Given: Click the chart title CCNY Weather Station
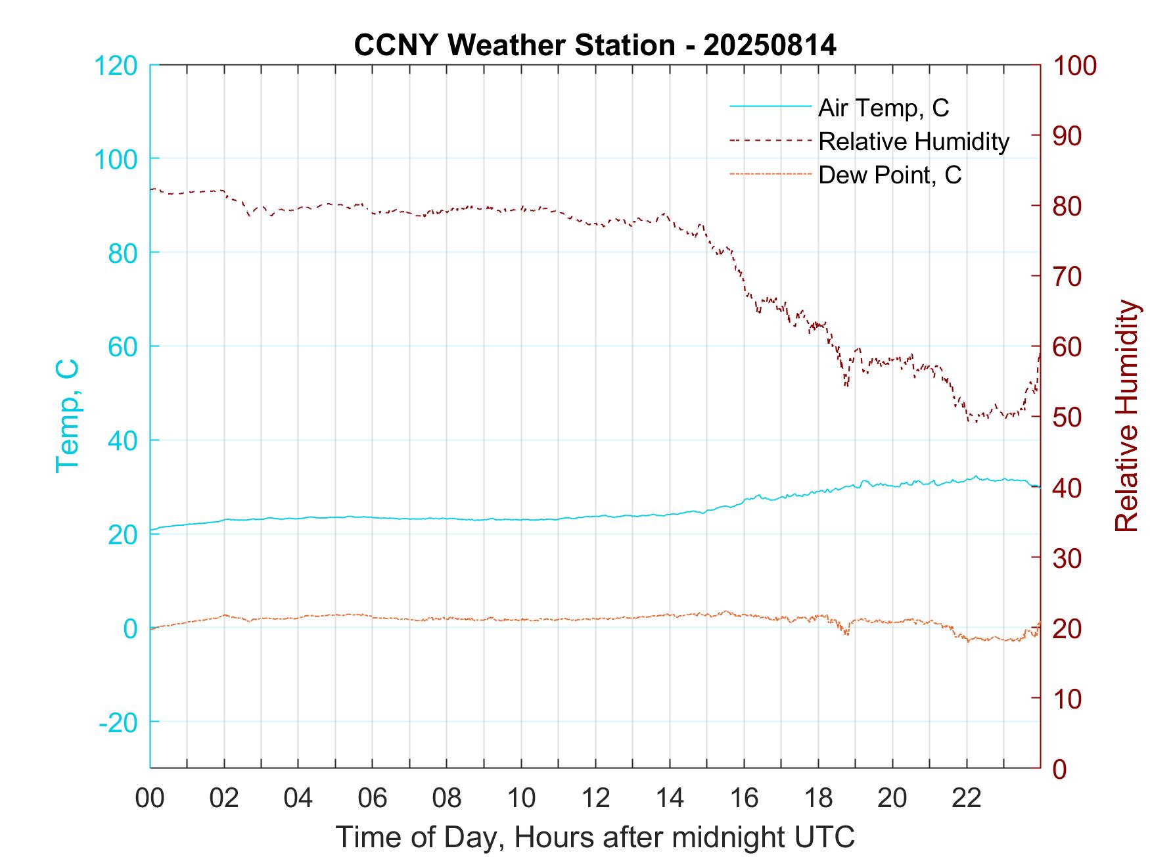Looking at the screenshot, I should point(595,45).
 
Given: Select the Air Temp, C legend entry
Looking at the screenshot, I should point(883,108).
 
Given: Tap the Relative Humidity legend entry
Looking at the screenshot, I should point(913,141).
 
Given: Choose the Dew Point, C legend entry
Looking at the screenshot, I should point(890,175).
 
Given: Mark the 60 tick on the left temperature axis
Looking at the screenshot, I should point(122,346).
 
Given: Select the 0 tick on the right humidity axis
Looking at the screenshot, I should point(1060,768).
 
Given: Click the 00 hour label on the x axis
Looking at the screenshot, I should point(150,798).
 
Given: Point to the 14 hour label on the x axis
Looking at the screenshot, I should point(670,798).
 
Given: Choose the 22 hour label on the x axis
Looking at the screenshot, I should point(967,798).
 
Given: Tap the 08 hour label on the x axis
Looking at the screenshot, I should point(447,798).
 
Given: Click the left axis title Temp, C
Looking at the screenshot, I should point(67,415).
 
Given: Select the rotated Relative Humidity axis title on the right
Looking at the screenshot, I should point(1126,415).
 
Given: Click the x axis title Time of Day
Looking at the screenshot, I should point(595,837).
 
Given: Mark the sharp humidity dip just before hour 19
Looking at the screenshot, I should point(846,385).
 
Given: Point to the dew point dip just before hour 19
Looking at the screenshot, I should point(846,634).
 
